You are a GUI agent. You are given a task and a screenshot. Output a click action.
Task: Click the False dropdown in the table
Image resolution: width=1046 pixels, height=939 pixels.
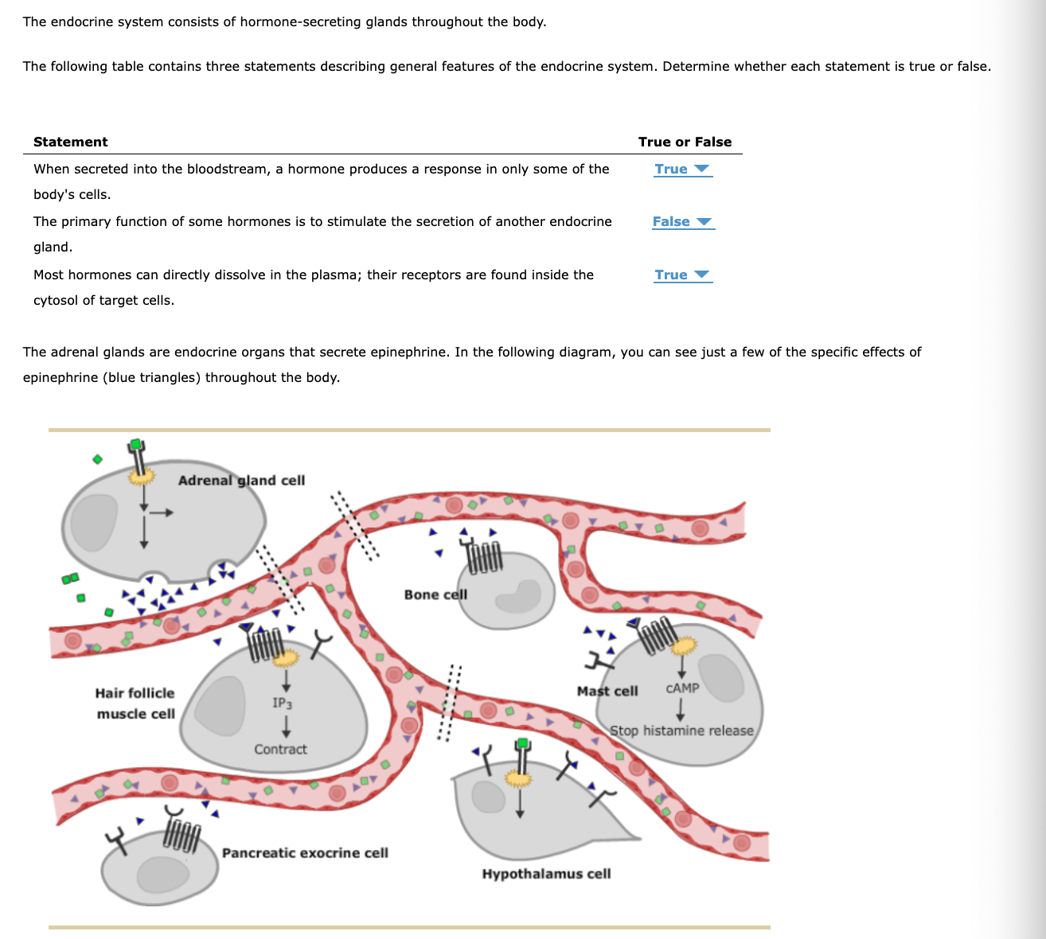681,222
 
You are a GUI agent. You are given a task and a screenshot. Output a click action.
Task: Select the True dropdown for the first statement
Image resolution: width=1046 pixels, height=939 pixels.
681,169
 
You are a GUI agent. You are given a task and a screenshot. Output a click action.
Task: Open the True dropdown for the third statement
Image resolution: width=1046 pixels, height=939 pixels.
681,275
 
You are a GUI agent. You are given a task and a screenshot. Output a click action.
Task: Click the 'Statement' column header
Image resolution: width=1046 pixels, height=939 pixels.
70,142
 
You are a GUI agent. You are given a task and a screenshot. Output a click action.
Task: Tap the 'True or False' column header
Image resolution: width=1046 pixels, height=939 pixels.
685,142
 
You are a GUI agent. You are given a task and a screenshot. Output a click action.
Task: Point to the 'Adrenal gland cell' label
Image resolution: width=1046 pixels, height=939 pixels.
241,480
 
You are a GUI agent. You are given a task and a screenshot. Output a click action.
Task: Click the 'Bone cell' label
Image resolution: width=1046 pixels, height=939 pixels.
435,594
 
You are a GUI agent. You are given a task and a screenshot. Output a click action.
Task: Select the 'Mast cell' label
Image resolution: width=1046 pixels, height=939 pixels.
607,691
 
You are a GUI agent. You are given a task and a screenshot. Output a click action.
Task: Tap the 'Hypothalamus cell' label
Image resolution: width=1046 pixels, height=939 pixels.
546,874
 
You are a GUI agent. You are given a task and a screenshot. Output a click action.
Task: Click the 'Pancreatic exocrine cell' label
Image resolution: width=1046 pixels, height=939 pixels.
305,853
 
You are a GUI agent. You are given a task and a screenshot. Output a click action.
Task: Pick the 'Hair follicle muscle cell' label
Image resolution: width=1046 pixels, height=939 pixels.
135,703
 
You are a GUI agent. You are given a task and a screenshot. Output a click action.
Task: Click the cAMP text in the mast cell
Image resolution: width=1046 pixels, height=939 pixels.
682,688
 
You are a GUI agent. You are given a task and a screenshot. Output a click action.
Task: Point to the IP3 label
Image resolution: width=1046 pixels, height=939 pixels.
282,703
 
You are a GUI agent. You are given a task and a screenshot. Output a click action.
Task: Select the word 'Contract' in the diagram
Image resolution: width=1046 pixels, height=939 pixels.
280,750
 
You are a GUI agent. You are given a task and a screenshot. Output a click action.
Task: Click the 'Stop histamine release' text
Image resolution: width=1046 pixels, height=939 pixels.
681,731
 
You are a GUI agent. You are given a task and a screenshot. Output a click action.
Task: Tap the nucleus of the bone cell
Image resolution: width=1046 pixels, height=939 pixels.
518,596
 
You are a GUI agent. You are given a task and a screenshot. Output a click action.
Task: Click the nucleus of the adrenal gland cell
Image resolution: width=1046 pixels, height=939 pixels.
95,523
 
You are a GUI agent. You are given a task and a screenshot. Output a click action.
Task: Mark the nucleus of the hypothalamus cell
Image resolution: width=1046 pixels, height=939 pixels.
489,797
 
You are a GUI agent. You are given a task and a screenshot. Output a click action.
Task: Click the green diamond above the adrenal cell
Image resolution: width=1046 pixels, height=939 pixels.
97,459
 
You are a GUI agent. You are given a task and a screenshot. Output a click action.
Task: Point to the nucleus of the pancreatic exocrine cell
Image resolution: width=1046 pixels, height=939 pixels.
163,874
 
